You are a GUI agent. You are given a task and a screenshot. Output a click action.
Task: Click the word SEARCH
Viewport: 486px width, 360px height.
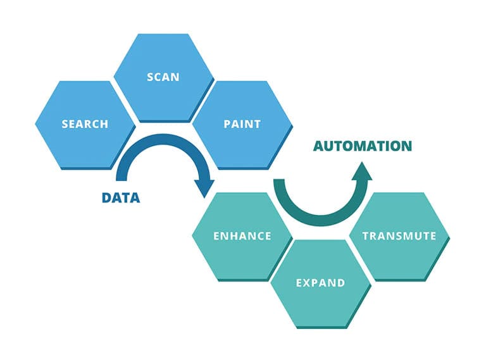85,124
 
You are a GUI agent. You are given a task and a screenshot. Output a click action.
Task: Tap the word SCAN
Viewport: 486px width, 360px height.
163,77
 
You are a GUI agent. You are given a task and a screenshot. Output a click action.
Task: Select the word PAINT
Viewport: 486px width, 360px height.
242,124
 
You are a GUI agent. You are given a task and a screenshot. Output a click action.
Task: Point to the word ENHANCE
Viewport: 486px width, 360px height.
242,236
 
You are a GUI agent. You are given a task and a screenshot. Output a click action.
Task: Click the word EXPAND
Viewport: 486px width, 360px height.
321,282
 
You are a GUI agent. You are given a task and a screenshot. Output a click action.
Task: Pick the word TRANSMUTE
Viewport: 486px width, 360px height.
399,236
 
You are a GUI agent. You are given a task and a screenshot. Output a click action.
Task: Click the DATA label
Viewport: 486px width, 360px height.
121,197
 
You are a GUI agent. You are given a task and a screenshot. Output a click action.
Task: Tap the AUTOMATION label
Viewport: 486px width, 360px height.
363,146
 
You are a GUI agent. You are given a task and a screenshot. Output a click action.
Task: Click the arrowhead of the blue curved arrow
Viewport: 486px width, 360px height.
204,187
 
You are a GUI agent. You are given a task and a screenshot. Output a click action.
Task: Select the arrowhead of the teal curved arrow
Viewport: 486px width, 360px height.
362,170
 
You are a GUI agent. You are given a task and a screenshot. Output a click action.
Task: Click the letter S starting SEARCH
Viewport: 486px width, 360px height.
65,124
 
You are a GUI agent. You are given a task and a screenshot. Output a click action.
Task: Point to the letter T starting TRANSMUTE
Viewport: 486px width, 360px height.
365,236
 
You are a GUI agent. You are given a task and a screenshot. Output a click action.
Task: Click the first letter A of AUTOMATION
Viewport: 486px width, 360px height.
319,146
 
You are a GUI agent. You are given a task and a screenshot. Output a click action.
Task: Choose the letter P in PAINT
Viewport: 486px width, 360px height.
227,124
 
